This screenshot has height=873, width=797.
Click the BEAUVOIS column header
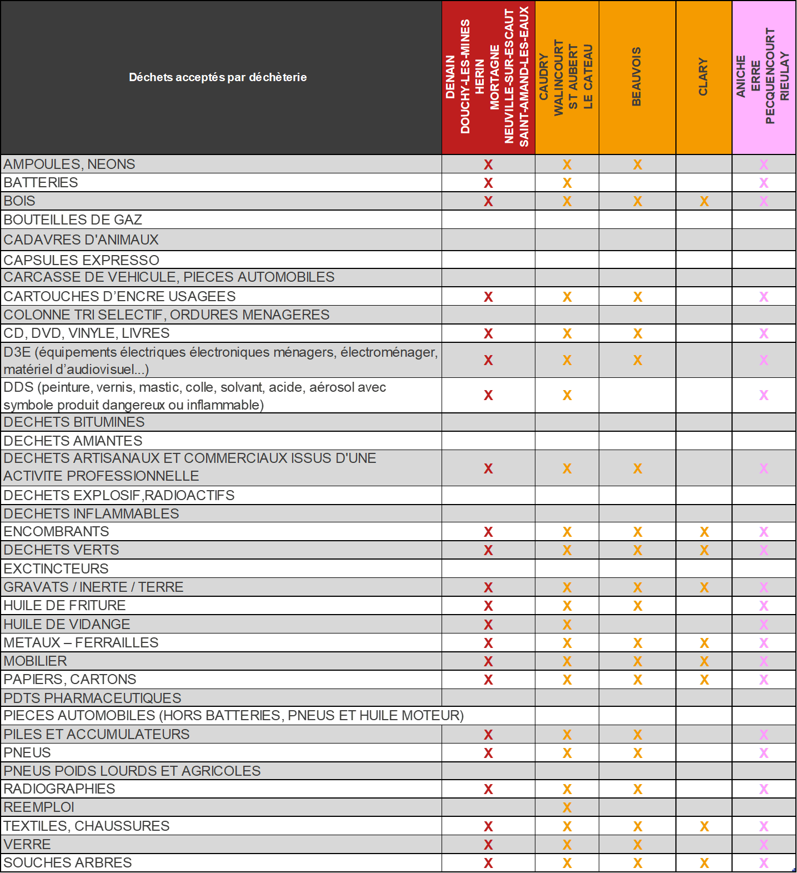pos(636,77)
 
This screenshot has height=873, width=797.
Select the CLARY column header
pos(703,77)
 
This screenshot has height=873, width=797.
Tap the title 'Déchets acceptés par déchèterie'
pos(218,77)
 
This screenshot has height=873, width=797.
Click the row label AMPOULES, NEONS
pos(69,164)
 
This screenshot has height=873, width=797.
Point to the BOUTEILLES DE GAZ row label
pos(73,220)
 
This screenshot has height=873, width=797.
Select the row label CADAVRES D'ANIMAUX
pos(81,240)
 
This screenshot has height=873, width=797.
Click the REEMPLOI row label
pos(39,807)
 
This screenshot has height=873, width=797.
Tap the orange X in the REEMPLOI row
pos(567,807)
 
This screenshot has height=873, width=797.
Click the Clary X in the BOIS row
pos(704,201)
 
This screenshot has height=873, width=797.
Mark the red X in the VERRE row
pos(488,845)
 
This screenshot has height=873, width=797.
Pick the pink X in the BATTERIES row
pos(764,183)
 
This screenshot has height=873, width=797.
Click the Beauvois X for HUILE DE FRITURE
pos(638,606)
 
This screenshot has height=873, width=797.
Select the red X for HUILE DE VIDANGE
pos(488,625)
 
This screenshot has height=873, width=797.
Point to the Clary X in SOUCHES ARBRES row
pos(704,863)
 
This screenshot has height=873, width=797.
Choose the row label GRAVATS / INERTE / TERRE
pos(93,587)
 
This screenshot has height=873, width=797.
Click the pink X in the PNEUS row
pos(764,753)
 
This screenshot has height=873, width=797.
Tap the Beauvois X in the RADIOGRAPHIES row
pos(638,789)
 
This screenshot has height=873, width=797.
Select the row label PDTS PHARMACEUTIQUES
pos(92,698)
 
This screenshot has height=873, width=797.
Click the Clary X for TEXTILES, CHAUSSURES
pos(704,826)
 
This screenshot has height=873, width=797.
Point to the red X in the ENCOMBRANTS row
pos(488,532)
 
